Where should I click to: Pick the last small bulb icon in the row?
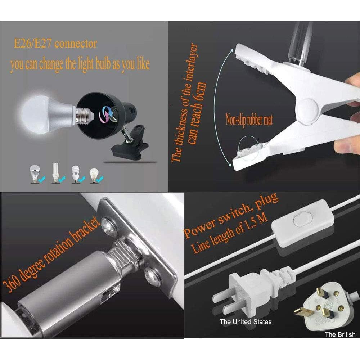94,174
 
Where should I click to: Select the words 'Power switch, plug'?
230,216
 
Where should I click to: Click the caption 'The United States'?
246,321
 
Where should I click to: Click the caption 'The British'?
340,335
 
